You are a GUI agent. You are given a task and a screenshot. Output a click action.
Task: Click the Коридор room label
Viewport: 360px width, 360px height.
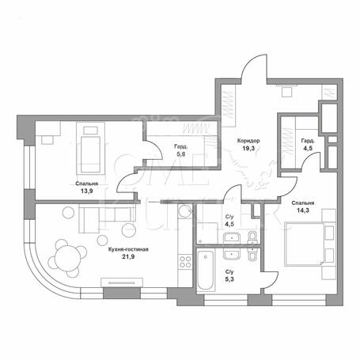pyautogui.click(x=248, y=141)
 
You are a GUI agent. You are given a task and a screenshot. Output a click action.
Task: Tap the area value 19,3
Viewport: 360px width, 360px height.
pyautogui.click(x=248, y=148)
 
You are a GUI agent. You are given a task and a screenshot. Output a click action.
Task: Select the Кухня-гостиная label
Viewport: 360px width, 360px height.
pyautogui.click(x=128, y=249)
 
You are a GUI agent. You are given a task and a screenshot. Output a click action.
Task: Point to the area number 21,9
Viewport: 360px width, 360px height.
pyautogui.click(x=128, y=256)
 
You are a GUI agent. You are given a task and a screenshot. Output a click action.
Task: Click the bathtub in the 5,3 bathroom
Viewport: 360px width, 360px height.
pyautogui.click(x=206, y=271)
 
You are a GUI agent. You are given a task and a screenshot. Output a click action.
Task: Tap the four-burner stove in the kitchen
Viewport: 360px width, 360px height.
pyautogui.click(x=185, y=261)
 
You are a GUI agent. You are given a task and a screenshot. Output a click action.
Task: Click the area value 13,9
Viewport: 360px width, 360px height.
pyautogui.click(x=87, y=191)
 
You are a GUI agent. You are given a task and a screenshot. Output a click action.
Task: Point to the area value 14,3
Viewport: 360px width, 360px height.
pyautogui.click(x=303, y=210)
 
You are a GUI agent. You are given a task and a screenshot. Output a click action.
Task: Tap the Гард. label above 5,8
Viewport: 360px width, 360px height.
pyautogui.click(x=181, y=146)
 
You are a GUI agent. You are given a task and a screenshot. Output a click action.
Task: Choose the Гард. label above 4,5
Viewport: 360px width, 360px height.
pyautogui.click(x=308, y=141)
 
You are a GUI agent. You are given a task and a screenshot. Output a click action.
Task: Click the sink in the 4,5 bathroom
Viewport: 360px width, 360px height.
pyautogui.click(x=232, y=237)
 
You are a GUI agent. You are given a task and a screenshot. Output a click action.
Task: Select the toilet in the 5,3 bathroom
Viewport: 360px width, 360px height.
pyautogui.click(x=252, y=254)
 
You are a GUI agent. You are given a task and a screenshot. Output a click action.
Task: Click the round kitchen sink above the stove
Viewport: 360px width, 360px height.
pyautogui.click(x=185, y=211)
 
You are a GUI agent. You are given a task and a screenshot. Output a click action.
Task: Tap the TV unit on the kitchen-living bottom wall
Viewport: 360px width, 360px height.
pyautogui.click(x=122, y=282)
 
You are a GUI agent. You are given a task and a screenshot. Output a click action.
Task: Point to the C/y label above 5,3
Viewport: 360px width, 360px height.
pyautogui.click(x=229, y=271)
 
